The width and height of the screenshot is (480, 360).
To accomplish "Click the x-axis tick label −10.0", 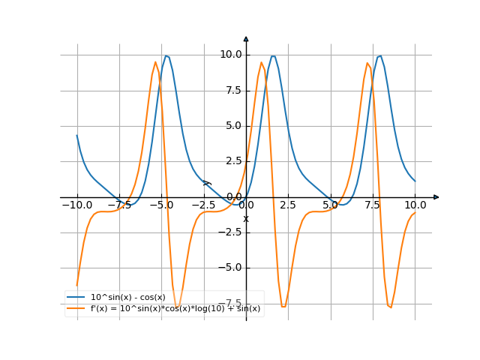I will tap(76, 205).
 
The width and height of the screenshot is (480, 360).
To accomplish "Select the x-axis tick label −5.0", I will tap(161, 205).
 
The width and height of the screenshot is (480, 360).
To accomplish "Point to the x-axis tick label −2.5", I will tap(203, 205).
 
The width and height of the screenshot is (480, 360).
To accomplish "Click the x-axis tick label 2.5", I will tap(289, 205).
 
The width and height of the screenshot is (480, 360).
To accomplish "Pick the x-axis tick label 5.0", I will tap(331, 205).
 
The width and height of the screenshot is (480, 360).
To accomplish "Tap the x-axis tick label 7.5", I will tap(373, 205).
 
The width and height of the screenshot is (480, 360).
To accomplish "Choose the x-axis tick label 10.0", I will tap(415, 205).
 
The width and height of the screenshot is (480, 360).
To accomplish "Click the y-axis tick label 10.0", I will tap(230, 54).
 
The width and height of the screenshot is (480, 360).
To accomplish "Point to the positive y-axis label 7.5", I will tap(232, 90).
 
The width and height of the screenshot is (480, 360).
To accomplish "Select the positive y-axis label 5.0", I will tap(232, 125).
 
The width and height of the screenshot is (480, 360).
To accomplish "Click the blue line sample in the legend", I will tap(76, 298).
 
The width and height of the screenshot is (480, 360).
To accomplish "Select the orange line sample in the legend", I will tap(76, 308).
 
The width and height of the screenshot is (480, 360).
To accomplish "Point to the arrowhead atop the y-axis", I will tap(246, 38).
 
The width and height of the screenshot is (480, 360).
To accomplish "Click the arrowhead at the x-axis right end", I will tap(436, 196).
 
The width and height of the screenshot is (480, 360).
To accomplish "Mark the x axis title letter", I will tap(245, 218).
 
